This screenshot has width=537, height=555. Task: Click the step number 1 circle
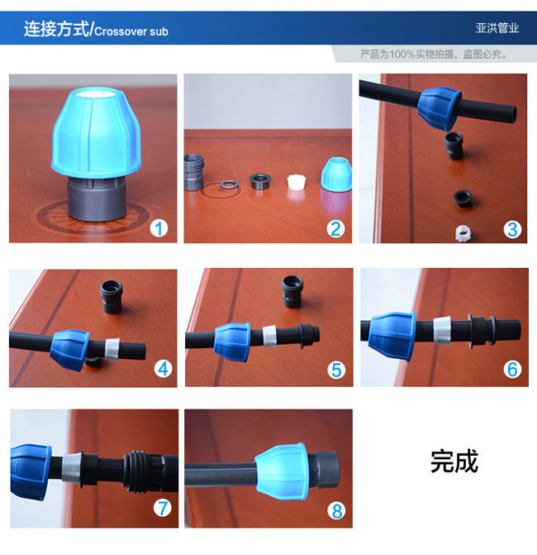click(159, 228)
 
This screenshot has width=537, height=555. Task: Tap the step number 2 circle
click(335, 229)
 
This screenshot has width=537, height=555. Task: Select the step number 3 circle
click(512, 229)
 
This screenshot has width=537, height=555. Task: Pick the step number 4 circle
click(163, 369)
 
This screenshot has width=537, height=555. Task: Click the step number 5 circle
click(336, 371)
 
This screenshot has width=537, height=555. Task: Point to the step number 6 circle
click(512, 369)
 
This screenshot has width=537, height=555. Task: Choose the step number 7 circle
click(162, 509)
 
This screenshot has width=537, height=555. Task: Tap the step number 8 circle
click(336, 511)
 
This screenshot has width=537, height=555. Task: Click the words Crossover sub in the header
click(131, 31)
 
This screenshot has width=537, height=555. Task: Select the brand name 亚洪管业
click(497, 28)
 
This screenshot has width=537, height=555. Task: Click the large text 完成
click(454, 462)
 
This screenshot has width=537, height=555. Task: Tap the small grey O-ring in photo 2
click(230, 184)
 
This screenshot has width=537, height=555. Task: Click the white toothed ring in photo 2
click(297, 181)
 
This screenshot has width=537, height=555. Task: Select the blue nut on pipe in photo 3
click(439, 107)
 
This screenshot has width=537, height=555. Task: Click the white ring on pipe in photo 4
click(112, 349)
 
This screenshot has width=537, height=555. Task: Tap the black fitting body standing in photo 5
click(292, 291)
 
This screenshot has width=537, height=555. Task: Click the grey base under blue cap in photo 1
click(97, 199)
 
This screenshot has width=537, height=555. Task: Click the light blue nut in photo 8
click(282, 471)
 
